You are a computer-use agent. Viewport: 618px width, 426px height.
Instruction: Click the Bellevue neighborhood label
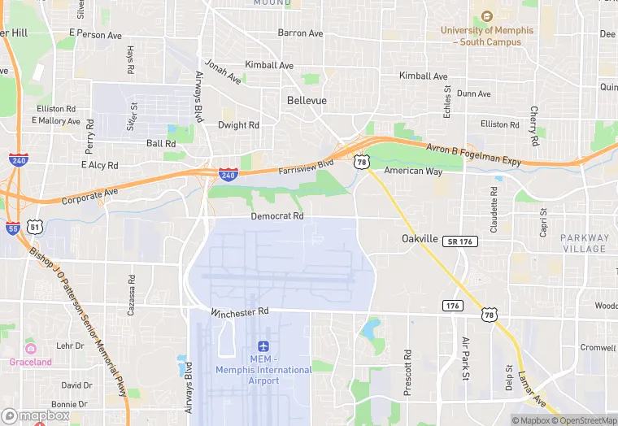click(x=307, y=100)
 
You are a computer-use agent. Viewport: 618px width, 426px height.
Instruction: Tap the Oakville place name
click(x=420, y=238)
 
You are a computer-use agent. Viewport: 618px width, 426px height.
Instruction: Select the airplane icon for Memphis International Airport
click(x=263, y=346)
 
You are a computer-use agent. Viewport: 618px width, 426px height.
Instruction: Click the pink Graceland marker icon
click(x=30, y=349)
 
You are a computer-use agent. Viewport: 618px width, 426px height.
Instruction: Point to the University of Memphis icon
click(x=487, y=16)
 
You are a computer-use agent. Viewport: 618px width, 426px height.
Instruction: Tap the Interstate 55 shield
click(x=12, y=228)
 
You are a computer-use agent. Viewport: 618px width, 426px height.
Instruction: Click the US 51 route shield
click(x=35, y=228)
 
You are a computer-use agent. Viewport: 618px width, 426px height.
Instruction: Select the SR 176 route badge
click(x=460, y=241)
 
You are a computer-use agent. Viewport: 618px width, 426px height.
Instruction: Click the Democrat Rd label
click(x=276, y=216)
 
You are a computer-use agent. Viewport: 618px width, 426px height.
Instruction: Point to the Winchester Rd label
click(x=239, y=312)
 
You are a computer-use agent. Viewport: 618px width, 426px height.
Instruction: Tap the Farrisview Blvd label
click(x=306, y=167)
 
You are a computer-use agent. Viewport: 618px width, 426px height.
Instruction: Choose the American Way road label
click(x=413, y=172)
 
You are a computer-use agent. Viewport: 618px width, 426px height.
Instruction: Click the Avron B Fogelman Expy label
click(x=474, y=154)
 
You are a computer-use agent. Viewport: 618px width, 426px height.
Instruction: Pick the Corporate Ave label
click(x=90, y=195)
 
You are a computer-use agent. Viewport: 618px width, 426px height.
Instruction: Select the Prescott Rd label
click(x=407, y=373)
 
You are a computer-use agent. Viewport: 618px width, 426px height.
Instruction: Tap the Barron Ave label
click(x=300, y=33)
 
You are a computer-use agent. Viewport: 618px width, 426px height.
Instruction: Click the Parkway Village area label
click(x=584, y=243)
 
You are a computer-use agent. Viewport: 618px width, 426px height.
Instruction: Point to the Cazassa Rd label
click(x=131, y=289)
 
